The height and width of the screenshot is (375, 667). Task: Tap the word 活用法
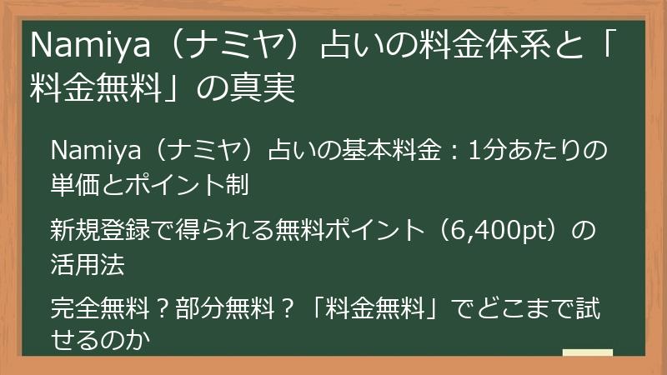click(x=88, y=264)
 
